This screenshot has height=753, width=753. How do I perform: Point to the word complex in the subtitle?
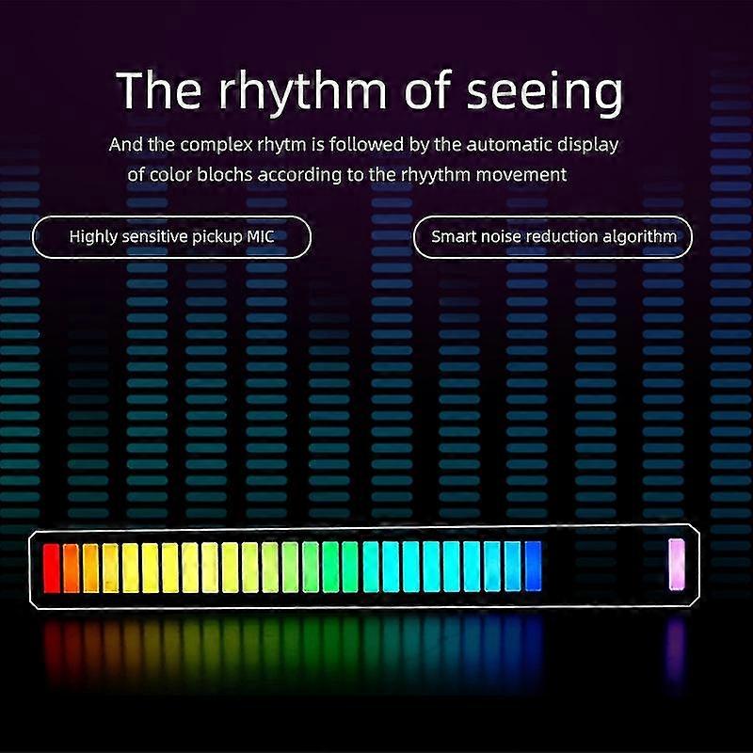(x=208, y=146)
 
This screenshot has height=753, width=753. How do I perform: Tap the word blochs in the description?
(x=229, y=174)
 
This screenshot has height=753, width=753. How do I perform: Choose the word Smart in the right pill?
(x=452, y=236)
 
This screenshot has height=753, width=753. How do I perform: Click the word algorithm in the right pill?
(x=643, y=236)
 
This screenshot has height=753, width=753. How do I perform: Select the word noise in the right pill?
(x=502, y=236)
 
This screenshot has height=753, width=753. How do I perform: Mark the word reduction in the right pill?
(x=568, y=236)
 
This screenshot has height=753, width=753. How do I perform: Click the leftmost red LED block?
(x=52, y=568)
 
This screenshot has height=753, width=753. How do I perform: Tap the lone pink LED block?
(x=676, y=565)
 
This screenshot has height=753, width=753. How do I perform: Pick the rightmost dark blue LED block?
(x=534, y=566)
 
